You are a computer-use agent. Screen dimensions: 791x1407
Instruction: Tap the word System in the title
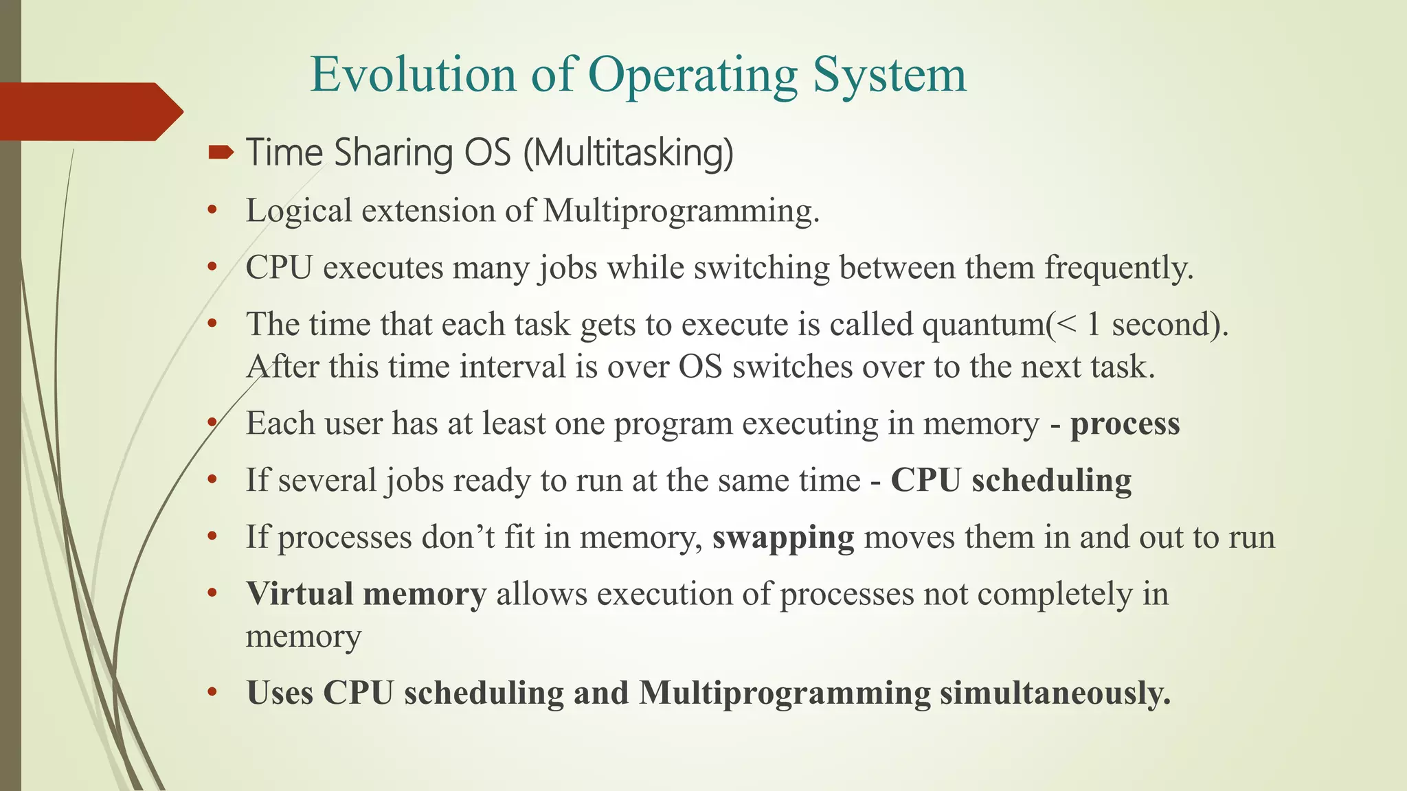(x=890, y=76)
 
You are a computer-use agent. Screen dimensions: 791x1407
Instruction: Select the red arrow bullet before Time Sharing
(x=221, y=152)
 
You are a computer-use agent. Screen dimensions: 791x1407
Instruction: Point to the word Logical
(x=299, y=211)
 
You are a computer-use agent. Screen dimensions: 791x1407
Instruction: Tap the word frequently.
(x=1119, y=268)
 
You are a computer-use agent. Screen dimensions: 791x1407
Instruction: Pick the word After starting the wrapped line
(x=282, y=367)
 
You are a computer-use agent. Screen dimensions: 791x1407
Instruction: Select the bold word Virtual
(x=299, y=594)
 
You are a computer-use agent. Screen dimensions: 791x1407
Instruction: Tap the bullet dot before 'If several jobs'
(x=212, y=480)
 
